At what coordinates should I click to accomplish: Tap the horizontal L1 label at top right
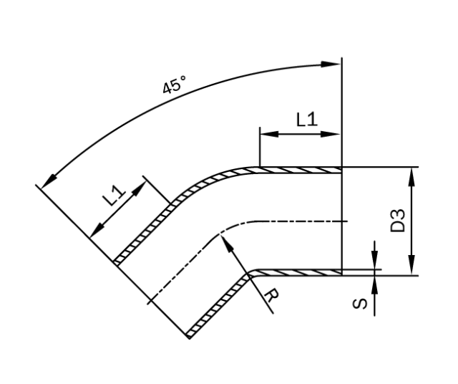pos(306,119)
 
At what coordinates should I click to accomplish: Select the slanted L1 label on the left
pos(113,196)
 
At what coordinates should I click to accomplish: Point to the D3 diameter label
pos(398,220)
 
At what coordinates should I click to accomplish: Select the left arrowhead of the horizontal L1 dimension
pos(265,133)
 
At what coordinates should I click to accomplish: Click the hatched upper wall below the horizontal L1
pos(301,171)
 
